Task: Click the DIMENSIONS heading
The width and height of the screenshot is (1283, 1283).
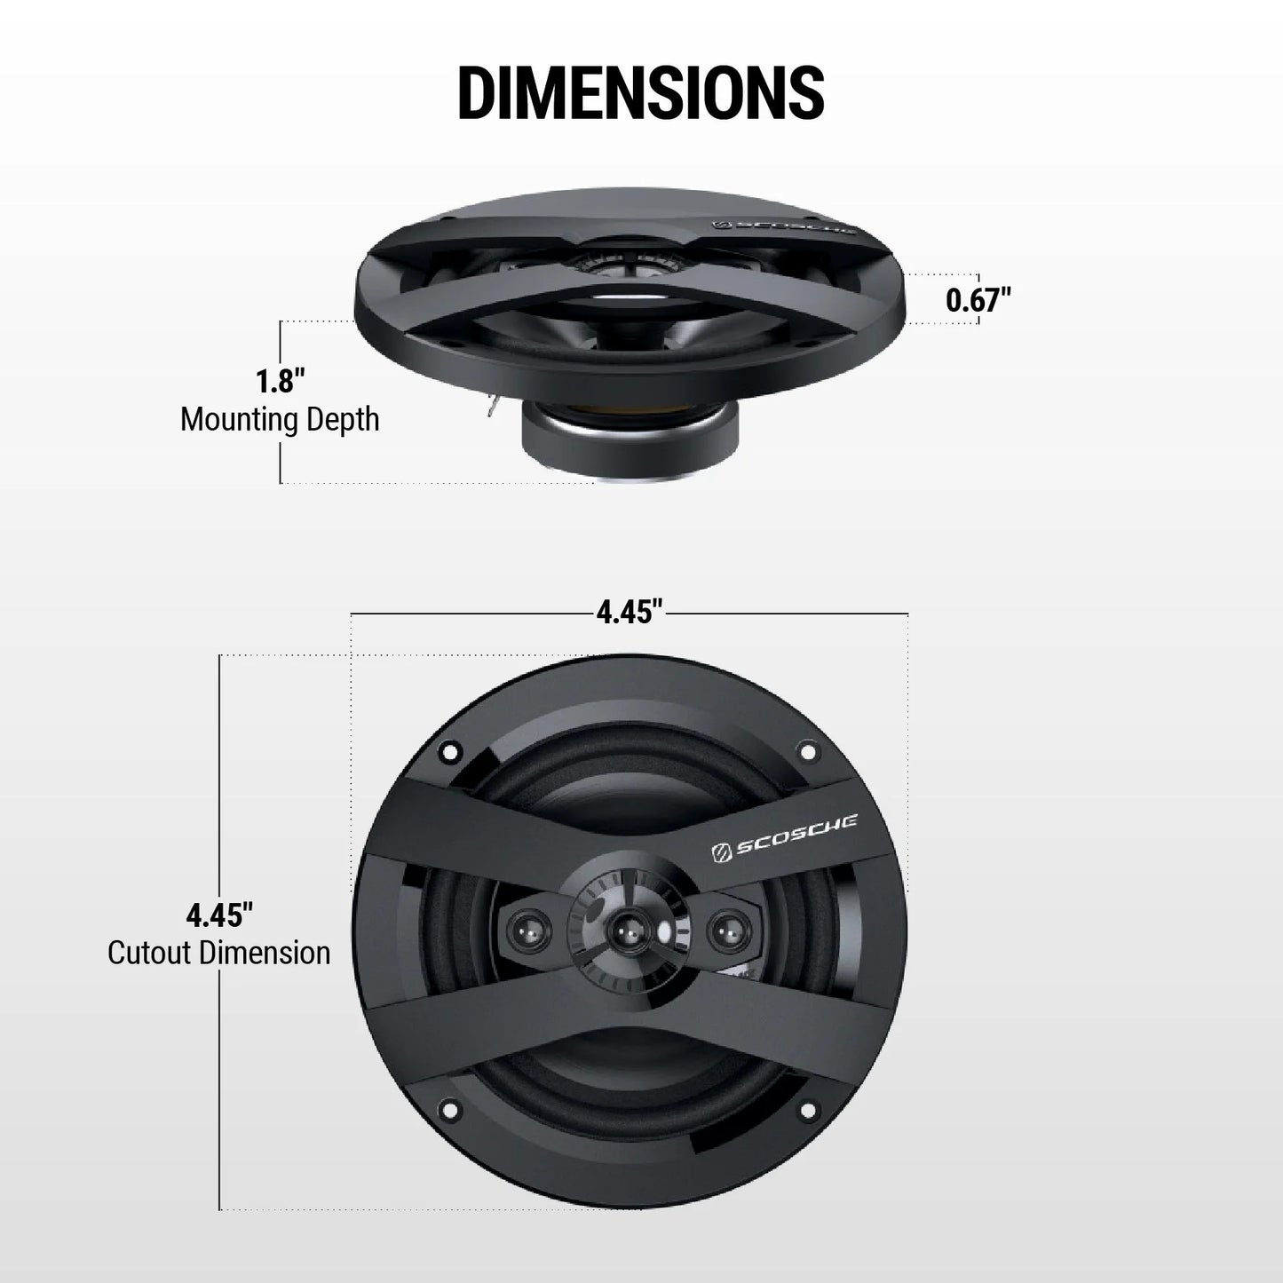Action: [640, 91]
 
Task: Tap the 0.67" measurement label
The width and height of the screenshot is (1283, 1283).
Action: [978, 300]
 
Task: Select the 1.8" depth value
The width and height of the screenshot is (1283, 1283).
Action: [280, 382]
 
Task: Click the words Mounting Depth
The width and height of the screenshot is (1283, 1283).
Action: [280, 419]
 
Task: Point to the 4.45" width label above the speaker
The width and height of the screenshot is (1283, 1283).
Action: [630, 613]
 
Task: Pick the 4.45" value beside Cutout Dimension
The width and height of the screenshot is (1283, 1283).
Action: [219, 914]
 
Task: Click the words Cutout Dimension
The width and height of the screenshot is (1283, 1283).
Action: [219, 954]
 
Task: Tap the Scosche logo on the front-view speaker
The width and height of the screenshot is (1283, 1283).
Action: [784, 847]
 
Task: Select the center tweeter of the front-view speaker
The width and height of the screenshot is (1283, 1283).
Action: [628, 931]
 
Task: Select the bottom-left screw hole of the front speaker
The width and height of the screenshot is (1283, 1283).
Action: [448, 1109]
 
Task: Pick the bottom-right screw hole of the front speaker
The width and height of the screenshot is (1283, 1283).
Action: [808, 1109]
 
